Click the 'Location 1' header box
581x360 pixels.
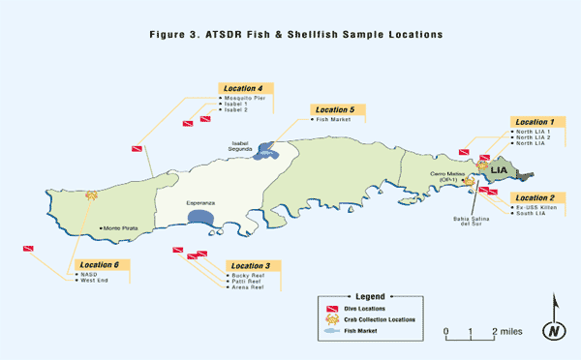[x=538, y=122]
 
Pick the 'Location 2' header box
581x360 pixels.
[x=538, y=197]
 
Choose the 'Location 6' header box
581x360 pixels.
[x=101, y=265]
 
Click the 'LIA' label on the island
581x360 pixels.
[x=499, y=170]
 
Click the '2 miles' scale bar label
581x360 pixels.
[x=507, y=332]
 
